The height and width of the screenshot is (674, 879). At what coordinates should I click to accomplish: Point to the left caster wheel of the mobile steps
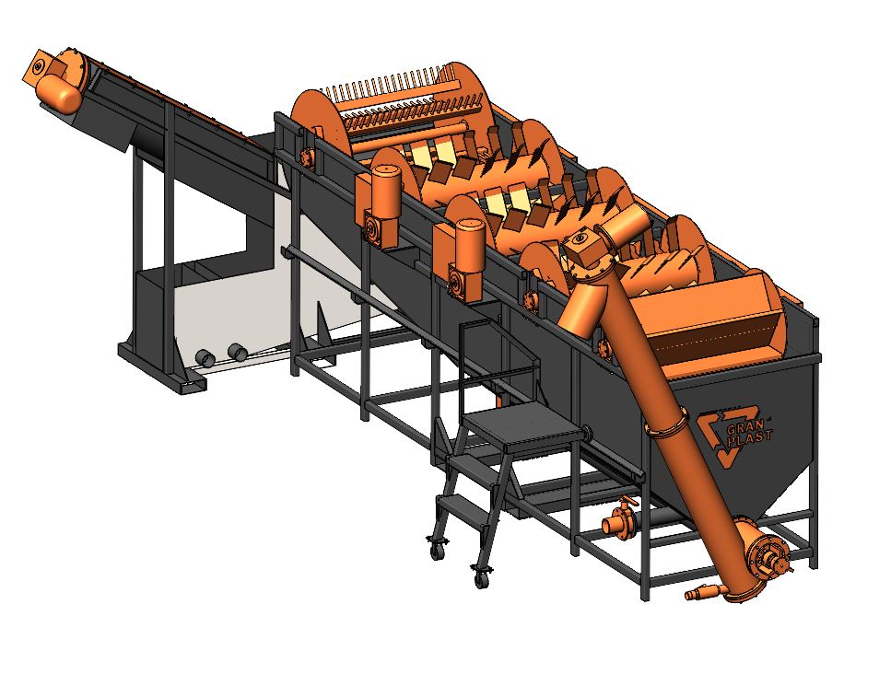[435, 550]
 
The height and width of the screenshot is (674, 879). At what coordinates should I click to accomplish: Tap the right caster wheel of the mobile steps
[480, 579]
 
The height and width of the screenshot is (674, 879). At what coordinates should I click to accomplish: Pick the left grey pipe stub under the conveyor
[205, 357]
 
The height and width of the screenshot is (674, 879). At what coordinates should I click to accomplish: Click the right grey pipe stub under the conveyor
[238, 352]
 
